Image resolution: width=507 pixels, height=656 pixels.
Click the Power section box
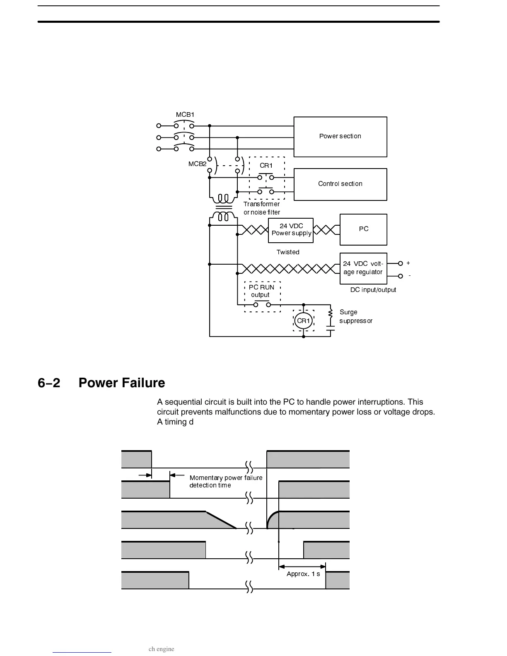pyautogui.click(x=340, y=137)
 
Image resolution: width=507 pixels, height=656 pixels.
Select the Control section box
pyautogui.click(x=340, y=184)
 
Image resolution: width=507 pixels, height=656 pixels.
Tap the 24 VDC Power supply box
pyautogui.click(x=291, y=230)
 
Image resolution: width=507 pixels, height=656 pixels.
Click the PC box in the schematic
pyautogui.click(x=363, y=229)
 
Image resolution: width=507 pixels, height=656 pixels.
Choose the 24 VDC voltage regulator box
pyautogui.click(x=363, y=268)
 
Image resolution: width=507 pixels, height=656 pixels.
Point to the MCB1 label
pyautogui.click(x=185, y=115)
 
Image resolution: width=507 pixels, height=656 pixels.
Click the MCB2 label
pyautogui.click(x=197, y=164)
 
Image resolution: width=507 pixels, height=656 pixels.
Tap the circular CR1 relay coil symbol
pyautogui.click(x=303, y=321)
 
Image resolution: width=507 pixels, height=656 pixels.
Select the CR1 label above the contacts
pyautogui.click(x=266, y=166)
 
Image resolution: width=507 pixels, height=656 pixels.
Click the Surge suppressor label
pyautogui.click(x=355, y=316)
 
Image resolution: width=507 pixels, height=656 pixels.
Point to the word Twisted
pyautogui.click(x=288, y=252)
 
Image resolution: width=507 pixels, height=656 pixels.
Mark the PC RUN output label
pyautogui.click(x=261, y=291)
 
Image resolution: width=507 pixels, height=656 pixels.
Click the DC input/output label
pyautogui.click(x=373, y=290)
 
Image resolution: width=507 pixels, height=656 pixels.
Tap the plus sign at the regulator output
pyautogui.click(x=408, y=263)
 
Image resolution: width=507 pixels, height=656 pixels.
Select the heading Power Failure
pyautogui.click(x=122, y=383)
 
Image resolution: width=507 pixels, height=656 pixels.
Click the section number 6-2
pyautogui.click(x=49, y=383)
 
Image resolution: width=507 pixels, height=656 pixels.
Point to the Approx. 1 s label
pyautogui.click(x=303, y=574)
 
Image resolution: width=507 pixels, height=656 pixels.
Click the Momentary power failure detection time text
pyautogui.click(x=226, y=482)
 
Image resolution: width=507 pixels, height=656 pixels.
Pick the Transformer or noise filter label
pyautogui.click(x=262, y=208)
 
